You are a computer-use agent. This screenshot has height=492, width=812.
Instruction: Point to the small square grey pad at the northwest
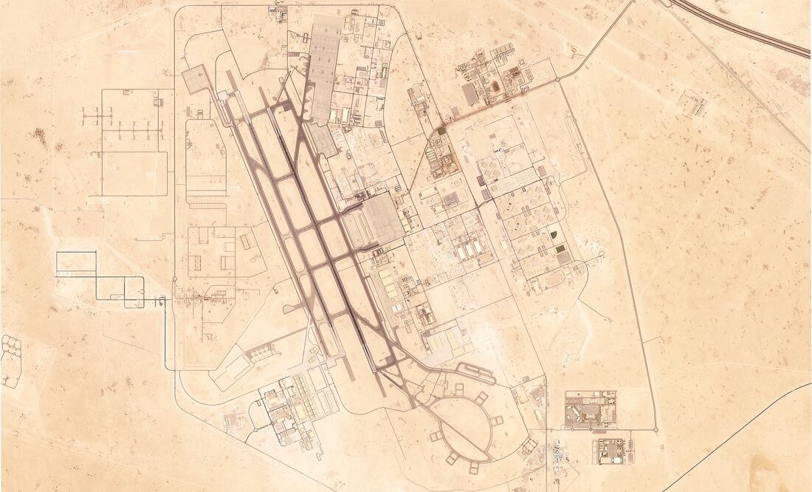(x=195, y=79)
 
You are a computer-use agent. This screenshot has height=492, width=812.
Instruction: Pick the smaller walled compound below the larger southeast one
(x=611, y=450)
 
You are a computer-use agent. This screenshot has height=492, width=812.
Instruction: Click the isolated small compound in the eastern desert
(x=695, y=103)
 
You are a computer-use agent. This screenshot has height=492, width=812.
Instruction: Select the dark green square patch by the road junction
(x=441, y=131)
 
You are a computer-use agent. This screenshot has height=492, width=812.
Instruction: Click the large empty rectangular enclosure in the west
(x=134, y=173)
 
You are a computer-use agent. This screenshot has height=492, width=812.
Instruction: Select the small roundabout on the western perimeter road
(x=174, y=279)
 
